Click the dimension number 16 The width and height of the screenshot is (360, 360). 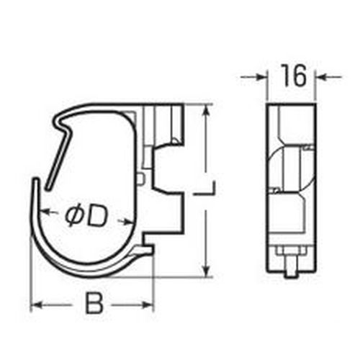294,75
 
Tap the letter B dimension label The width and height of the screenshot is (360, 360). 94,303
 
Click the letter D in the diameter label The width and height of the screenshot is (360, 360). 95,217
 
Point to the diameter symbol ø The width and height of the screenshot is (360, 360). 73,217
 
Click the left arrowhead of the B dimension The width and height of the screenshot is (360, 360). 38,305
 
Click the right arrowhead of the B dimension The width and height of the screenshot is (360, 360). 148,305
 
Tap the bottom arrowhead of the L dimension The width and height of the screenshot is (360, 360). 206,270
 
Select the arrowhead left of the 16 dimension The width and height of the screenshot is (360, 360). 261,77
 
